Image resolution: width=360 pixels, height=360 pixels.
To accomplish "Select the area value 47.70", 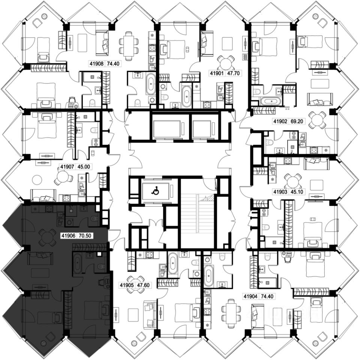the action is [x=233, y=73].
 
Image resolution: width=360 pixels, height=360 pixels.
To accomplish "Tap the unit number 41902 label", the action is [x=280, y=121].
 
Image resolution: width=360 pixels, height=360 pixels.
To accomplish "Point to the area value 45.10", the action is [x=297, y=192].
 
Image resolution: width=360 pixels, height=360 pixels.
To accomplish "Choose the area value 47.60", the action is [x=143, y=285].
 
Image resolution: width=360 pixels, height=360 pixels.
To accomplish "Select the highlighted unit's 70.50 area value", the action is [x=85, y=235].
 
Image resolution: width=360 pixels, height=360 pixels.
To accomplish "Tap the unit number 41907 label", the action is [x=67, y=166].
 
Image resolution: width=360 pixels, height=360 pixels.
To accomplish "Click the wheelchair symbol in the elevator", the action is [x=155, y=190].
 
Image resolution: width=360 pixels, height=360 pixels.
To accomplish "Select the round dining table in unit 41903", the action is [x=292, y=181].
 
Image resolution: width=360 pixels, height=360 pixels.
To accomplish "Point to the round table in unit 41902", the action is [x=317, y=120].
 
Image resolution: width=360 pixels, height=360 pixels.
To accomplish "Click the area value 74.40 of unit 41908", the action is [x=113, y=63].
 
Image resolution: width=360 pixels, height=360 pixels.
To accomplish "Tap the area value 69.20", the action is [x=297, y=121].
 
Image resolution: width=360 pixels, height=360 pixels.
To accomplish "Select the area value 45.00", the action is [x=84, y=166].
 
